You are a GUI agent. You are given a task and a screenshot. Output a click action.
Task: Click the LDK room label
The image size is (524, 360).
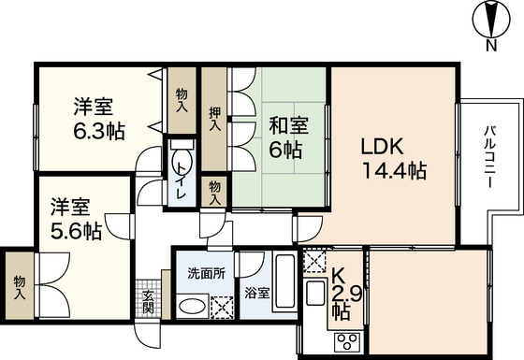click(382, 147)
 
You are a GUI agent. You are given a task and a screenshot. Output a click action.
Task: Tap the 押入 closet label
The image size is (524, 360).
click(214, 117)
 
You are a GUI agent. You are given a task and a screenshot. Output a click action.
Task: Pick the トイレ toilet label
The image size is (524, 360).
click(181, 180)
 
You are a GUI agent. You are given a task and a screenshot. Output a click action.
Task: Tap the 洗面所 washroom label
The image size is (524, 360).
click(201, 275)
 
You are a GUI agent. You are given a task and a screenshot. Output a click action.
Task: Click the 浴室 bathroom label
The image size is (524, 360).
click(257, 293)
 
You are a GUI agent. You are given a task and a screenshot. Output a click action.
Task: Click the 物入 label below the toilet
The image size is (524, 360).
click(215, 192)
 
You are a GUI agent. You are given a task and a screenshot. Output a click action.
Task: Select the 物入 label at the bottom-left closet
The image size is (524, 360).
click(19, 282)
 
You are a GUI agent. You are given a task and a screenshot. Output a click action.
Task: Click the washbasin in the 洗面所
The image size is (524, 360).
click(191, 304)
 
